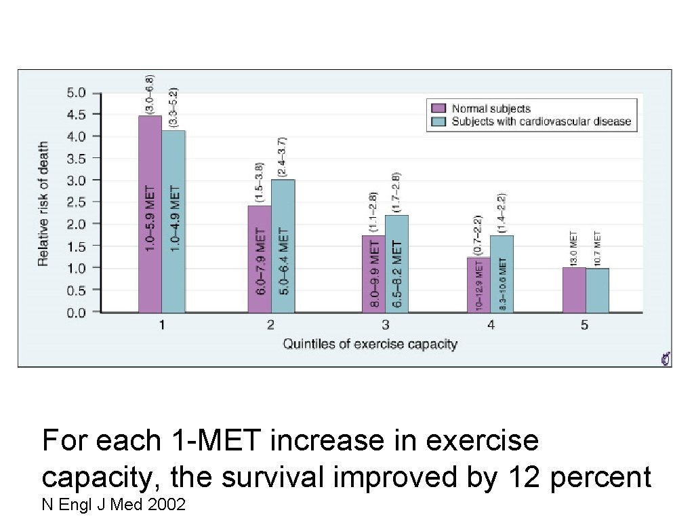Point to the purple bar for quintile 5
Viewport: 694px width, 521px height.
574,290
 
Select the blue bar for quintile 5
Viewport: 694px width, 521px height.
597,290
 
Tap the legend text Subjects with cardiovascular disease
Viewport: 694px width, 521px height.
541,122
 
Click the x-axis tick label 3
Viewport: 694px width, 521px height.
385,325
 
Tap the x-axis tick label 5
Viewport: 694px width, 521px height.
585,325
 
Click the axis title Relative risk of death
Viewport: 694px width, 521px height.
43,204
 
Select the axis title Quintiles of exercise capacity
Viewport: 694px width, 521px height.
370,344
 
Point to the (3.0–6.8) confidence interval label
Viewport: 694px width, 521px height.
150,93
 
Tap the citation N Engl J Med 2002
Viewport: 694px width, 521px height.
114,505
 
